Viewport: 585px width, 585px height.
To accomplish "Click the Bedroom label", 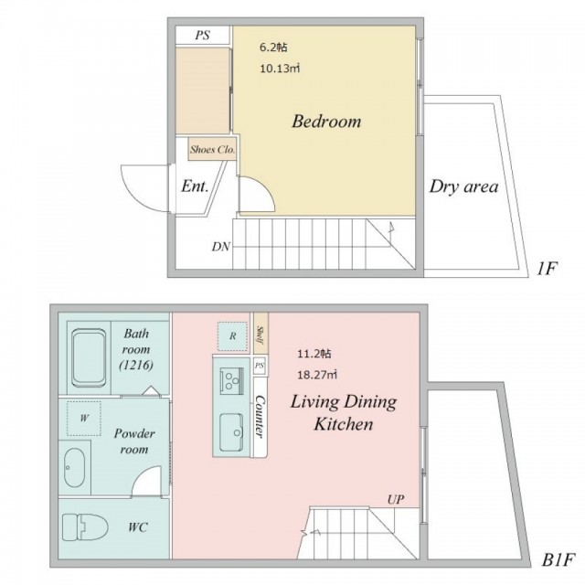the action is [326, 122].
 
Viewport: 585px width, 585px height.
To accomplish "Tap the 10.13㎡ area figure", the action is [280, 69].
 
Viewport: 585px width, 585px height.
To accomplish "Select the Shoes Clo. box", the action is [212, 149].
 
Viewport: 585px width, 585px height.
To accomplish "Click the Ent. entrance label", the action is [195, 186].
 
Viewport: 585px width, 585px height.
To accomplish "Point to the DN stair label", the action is [221, 247].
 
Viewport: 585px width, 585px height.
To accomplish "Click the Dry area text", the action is [463, 186].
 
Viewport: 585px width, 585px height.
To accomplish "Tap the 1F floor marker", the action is [547, 268].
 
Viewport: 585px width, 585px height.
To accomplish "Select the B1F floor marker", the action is [557, 560].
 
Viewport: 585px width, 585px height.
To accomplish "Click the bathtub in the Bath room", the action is [89, 357].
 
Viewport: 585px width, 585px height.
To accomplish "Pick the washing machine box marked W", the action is [84, 419].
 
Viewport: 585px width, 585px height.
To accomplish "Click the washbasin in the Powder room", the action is [75, 467].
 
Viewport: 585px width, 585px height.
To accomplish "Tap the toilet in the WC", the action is [85, 527].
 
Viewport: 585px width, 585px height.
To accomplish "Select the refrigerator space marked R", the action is [232, 336].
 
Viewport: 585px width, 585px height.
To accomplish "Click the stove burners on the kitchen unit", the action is [231, 381].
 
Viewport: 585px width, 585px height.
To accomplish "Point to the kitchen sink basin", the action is [231, 432].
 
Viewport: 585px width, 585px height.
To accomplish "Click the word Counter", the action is [260, 417].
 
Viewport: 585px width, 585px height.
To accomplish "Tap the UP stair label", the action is [396, 500].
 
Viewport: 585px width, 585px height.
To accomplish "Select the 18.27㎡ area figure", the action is [317, 375].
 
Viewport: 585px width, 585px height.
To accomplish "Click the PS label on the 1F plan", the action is [203, 36].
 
